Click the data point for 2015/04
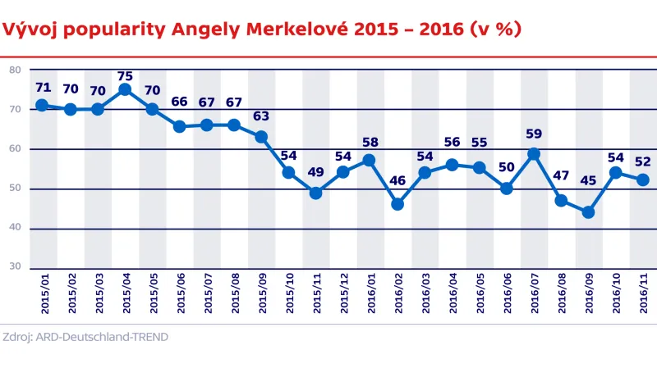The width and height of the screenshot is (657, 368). (125, 89)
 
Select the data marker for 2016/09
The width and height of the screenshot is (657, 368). (588, 212)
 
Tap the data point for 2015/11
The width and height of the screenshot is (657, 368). (315, 193)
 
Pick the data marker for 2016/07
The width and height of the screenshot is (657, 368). (534, 153)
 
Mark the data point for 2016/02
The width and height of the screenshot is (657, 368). (397, 204)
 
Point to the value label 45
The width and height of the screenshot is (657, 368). (588, 193)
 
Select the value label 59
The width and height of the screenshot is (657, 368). (534, 134)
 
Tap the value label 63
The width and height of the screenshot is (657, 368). (261, 117)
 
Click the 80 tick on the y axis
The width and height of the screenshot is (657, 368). (15, 70)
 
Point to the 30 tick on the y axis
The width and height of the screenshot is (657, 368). (15, 267)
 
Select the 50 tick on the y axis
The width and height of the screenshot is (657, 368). (15, 189)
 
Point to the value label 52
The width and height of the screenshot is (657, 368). (643, 161)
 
